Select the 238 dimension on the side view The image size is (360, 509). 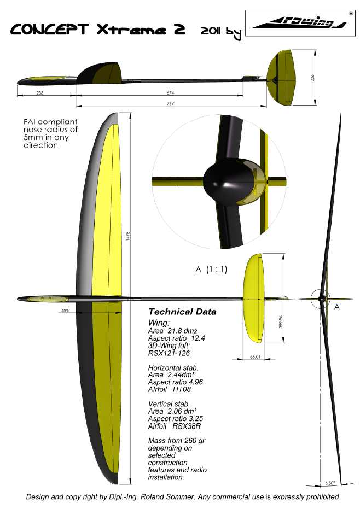pos(39,93)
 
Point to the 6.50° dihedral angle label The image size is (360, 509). pos(330,483)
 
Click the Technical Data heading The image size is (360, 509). pos(182,312)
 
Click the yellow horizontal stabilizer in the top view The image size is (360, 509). pos(254,298)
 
